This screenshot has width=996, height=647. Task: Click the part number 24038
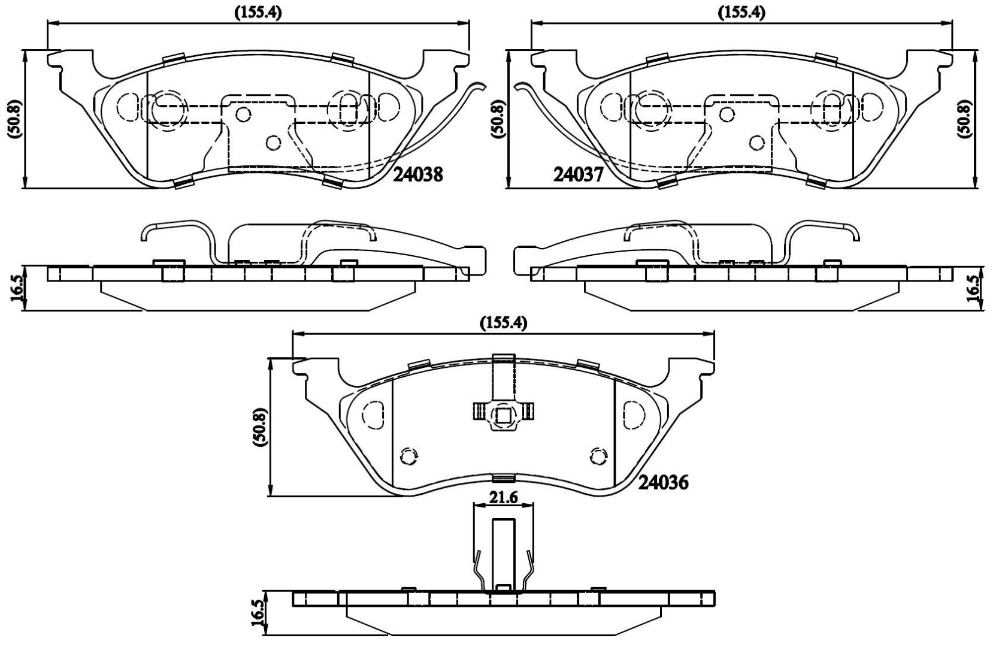tap(418, 175)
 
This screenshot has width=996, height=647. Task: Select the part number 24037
tap(578, 175)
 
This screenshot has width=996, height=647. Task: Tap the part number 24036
tap(664, 482)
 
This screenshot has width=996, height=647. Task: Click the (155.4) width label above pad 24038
tap(258, 13)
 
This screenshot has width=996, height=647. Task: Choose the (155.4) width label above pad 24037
tap(741, 13)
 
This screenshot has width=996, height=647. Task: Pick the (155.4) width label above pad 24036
tap(503, 323)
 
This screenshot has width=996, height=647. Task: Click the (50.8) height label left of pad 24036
tap(260, 427)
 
